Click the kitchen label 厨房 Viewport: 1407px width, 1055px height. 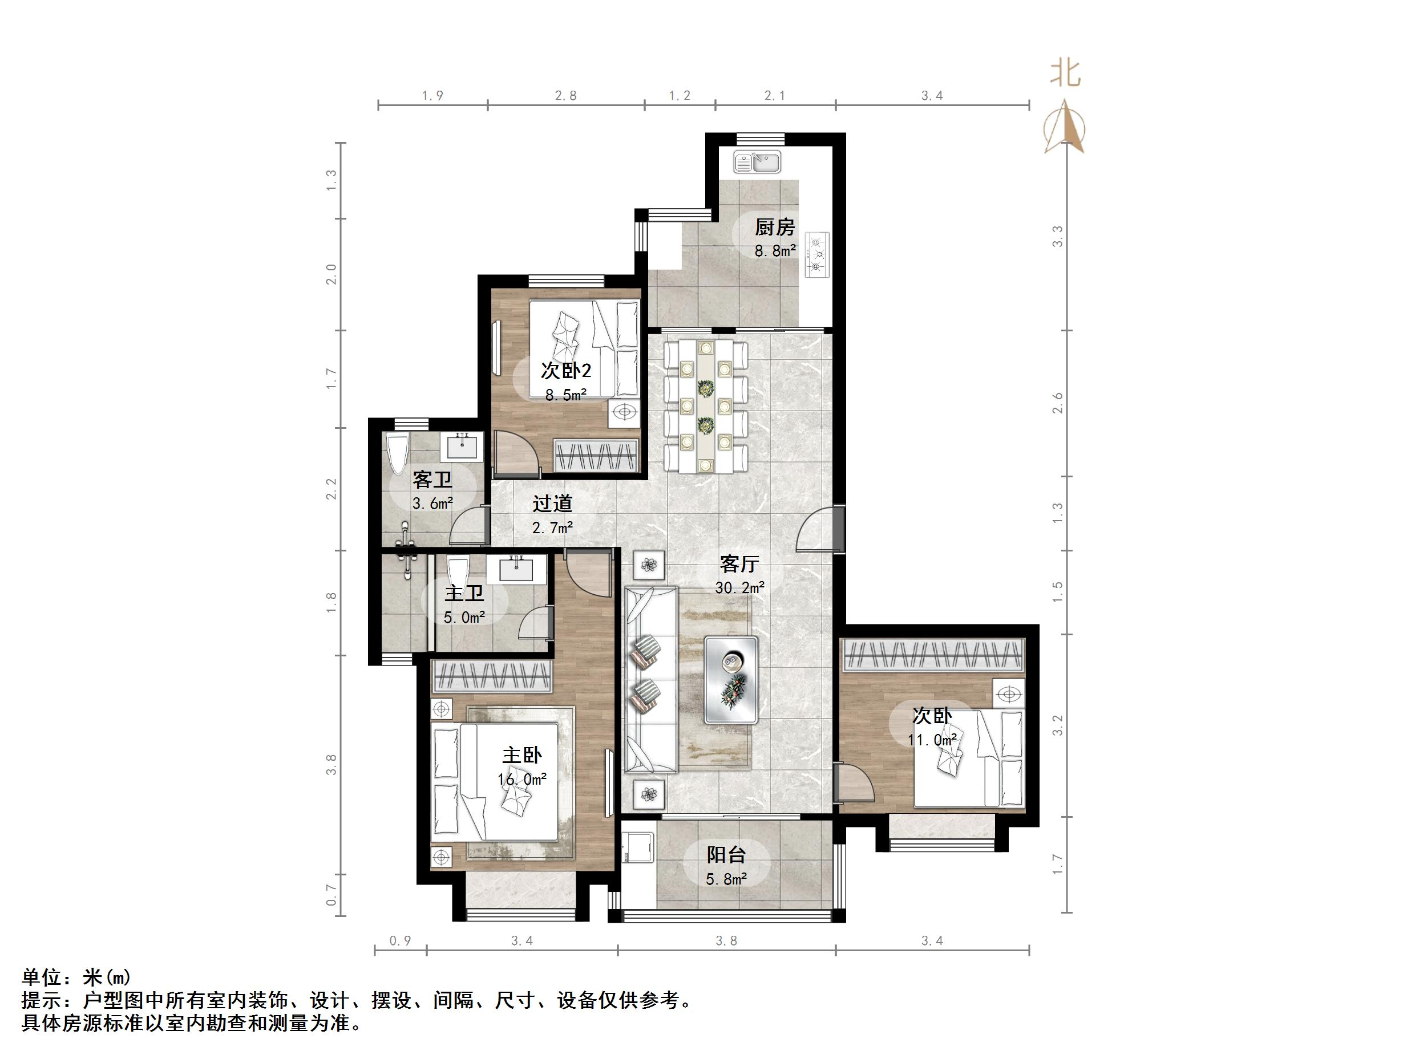775,227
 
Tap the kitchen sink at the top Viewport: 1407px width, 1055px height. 757,162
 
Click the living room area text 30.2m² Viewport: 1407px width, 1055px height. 739,587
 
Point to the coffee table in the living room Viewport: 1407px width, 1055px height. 731,680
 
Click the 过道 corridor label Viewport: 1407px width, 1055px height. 552,504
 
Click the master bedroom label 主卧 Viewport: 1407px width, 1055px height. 521,756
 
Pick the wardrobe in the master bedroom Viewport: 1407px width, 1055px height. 491,676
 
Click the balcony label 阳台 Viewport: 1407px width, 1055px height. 726,855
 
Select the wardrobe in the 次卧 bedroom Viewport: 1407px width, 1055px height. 932,654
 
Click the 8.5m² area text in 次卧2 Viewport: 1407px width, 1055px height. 565,395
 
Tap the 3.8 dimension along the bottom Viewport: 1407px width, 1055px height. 726,940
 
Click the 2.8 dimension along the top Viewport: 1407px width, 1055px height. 565,96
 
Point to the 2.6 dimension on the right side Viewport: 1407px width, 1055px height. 1057,403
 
